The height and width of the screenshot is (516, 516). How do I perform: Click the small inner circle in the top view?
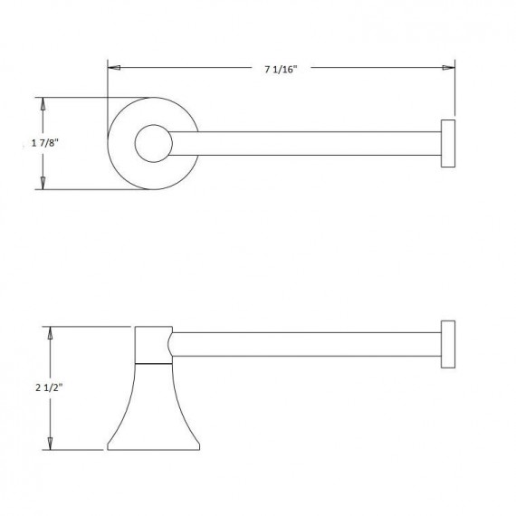click(152, 143)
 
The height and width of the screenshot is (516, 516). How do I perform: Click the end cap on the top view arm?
click(446, 143)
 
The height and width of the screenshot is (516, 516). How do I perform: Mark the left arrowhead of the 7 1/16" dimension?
click(113, 67)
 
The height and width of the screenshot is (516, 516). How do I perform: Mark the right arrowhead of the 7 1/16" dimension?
click(447, 67)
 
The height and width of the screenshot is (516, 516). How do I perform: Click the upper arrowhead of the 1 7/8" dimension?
click(42, 103)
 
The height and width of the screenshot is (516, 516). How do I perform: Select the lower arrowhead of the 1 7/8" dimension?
click(42, 184)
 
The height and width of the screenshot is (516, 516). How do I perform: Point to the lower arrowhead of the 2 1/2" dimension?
click(51, 443)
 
